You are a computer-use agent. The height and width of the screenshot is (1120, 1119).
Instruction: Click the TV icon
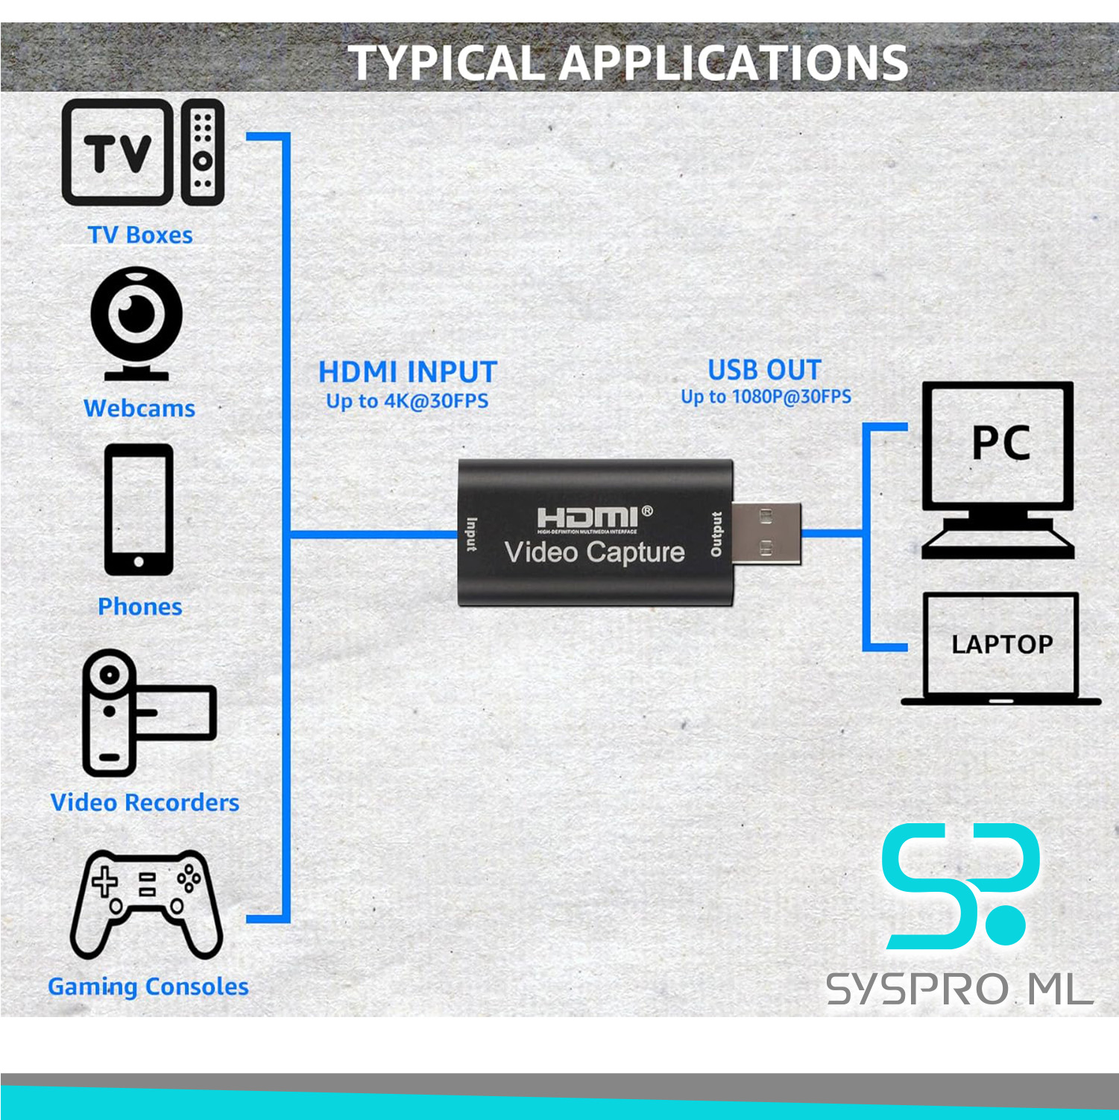click(x=116, y=153)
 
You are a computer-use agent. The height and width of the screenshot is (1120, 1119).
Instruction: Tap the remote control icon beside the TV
click(x=202, y=152)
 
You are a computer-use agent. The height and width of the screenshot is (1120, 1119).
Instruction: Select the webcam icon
click(x=136, y=321)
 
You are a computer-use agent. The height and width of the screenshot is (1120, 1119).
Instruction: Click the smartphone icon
click(x=139, y=509)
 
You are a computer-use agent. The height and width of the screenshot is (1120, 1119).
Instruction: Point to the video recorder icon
click(x=142, y=712)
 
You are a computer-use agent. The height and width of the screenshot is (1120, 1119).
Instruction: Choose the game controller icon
click(x=146, y=903)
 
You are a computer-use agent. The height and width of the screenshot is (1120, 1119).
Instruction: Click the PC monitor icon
click(x=998, y=470)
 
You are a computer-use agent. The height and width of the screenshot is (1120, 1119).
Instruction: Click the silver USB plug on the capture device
click(x=766, y=532)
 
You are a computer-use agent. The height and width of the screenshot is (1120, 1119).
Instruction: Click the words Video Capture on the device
click(x=594, y=553)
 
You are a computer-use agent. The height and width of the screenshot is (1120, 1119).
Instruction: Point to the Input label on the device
click(x=472, y=535)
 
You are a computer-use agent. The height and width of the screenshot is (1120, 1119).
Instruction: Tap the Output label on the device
click(x=716, y=534)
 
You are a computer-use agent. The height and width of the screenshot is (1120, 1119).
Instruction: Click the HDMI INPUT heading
click(x=407, y=372)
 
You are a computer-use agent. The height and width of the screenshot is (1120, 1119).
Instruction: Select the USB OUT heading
click(x=764, y=370)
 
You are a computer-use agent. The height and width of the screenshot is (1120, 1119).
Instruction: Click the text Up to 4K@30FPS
click(x=407, y=401)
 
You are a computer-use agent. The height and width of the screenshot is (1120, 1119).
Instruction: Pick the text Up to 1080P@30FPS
click(x=766, y=397)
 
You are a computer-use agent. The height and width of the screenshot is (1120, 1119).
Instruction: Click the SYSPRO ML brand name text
click(x=959, y=990)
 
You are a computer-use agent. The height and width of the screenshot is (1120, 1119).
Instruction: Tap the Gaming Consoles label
click(x=148, y=987)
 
